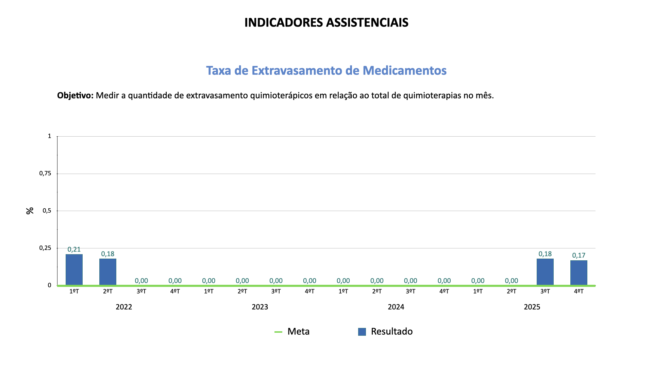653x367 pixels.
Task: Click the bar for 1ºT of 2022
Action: tap(74, 269)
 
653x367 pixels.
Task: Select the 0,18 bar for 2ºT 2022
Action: tap(108, 272)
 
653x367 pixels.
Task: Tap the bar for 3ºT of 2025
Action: tap(545, 272)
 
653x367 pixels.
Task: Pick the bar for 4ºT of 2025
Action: tap(579, 273)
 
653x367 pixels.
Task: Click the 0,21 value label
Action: tap(74, 249)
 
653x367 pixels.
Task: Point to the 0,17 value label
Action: tap(579, 255)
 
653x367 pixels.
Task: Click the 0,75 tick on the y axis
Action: tap(45, 174)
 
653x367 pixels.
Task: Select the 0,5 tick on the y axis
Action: tap(47, 211)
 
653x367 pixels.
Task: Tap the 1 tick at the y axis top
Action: tap(50, 136)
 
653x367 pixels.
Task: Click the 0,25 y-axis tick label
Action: tap(45, 248)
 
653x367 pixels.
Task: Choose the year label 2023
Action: tap(260, 307)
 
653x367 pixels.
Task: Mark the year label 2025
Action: tap(532, 307)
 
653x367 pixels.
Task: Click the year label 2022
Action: tap(124, 307)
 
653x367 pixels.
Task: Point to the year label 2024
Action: tap(396, 307)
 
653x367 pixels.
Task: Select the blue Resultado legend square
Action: tap(362, 332)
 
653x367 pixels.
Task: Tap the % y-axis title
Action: tap(30, 211)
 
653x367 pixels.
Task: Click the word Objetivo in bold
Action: tap(75, 95)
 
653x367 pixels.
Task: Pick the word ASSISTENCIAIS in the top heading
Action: tap(367, 22)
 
